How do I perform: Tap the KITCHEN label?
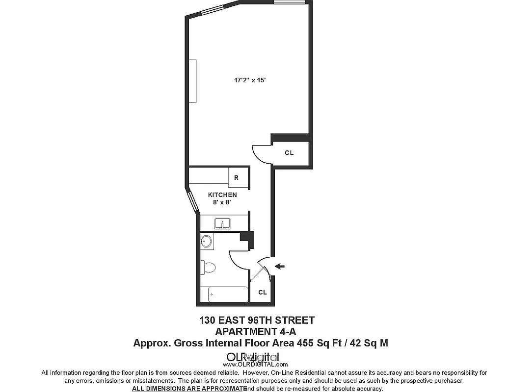pyautogui.click(x=222, y=195)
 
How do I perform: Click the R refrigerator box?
pyautogui.click(x=236, y=178)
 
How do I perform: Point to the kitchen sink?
pyautogui.click(x=223, y=224)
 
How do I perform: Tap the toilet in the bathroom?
pyautogui.click(x=208, y=268)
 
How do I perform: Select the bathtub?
pyautogui.click(x=228, y=294)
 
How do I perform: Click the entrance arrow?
pyautogui.click(x=280, y=266)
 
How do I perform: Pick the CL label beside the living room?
pyautogui.click(x=289, y=153)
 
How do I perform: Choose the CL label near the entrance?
pyautogui.click(x=262, y=293)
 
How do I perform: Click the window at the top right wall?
pyautogui.click(x=290, y=2)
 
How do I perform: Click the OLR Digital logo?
pyautogui.click(x=255, y=358)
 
